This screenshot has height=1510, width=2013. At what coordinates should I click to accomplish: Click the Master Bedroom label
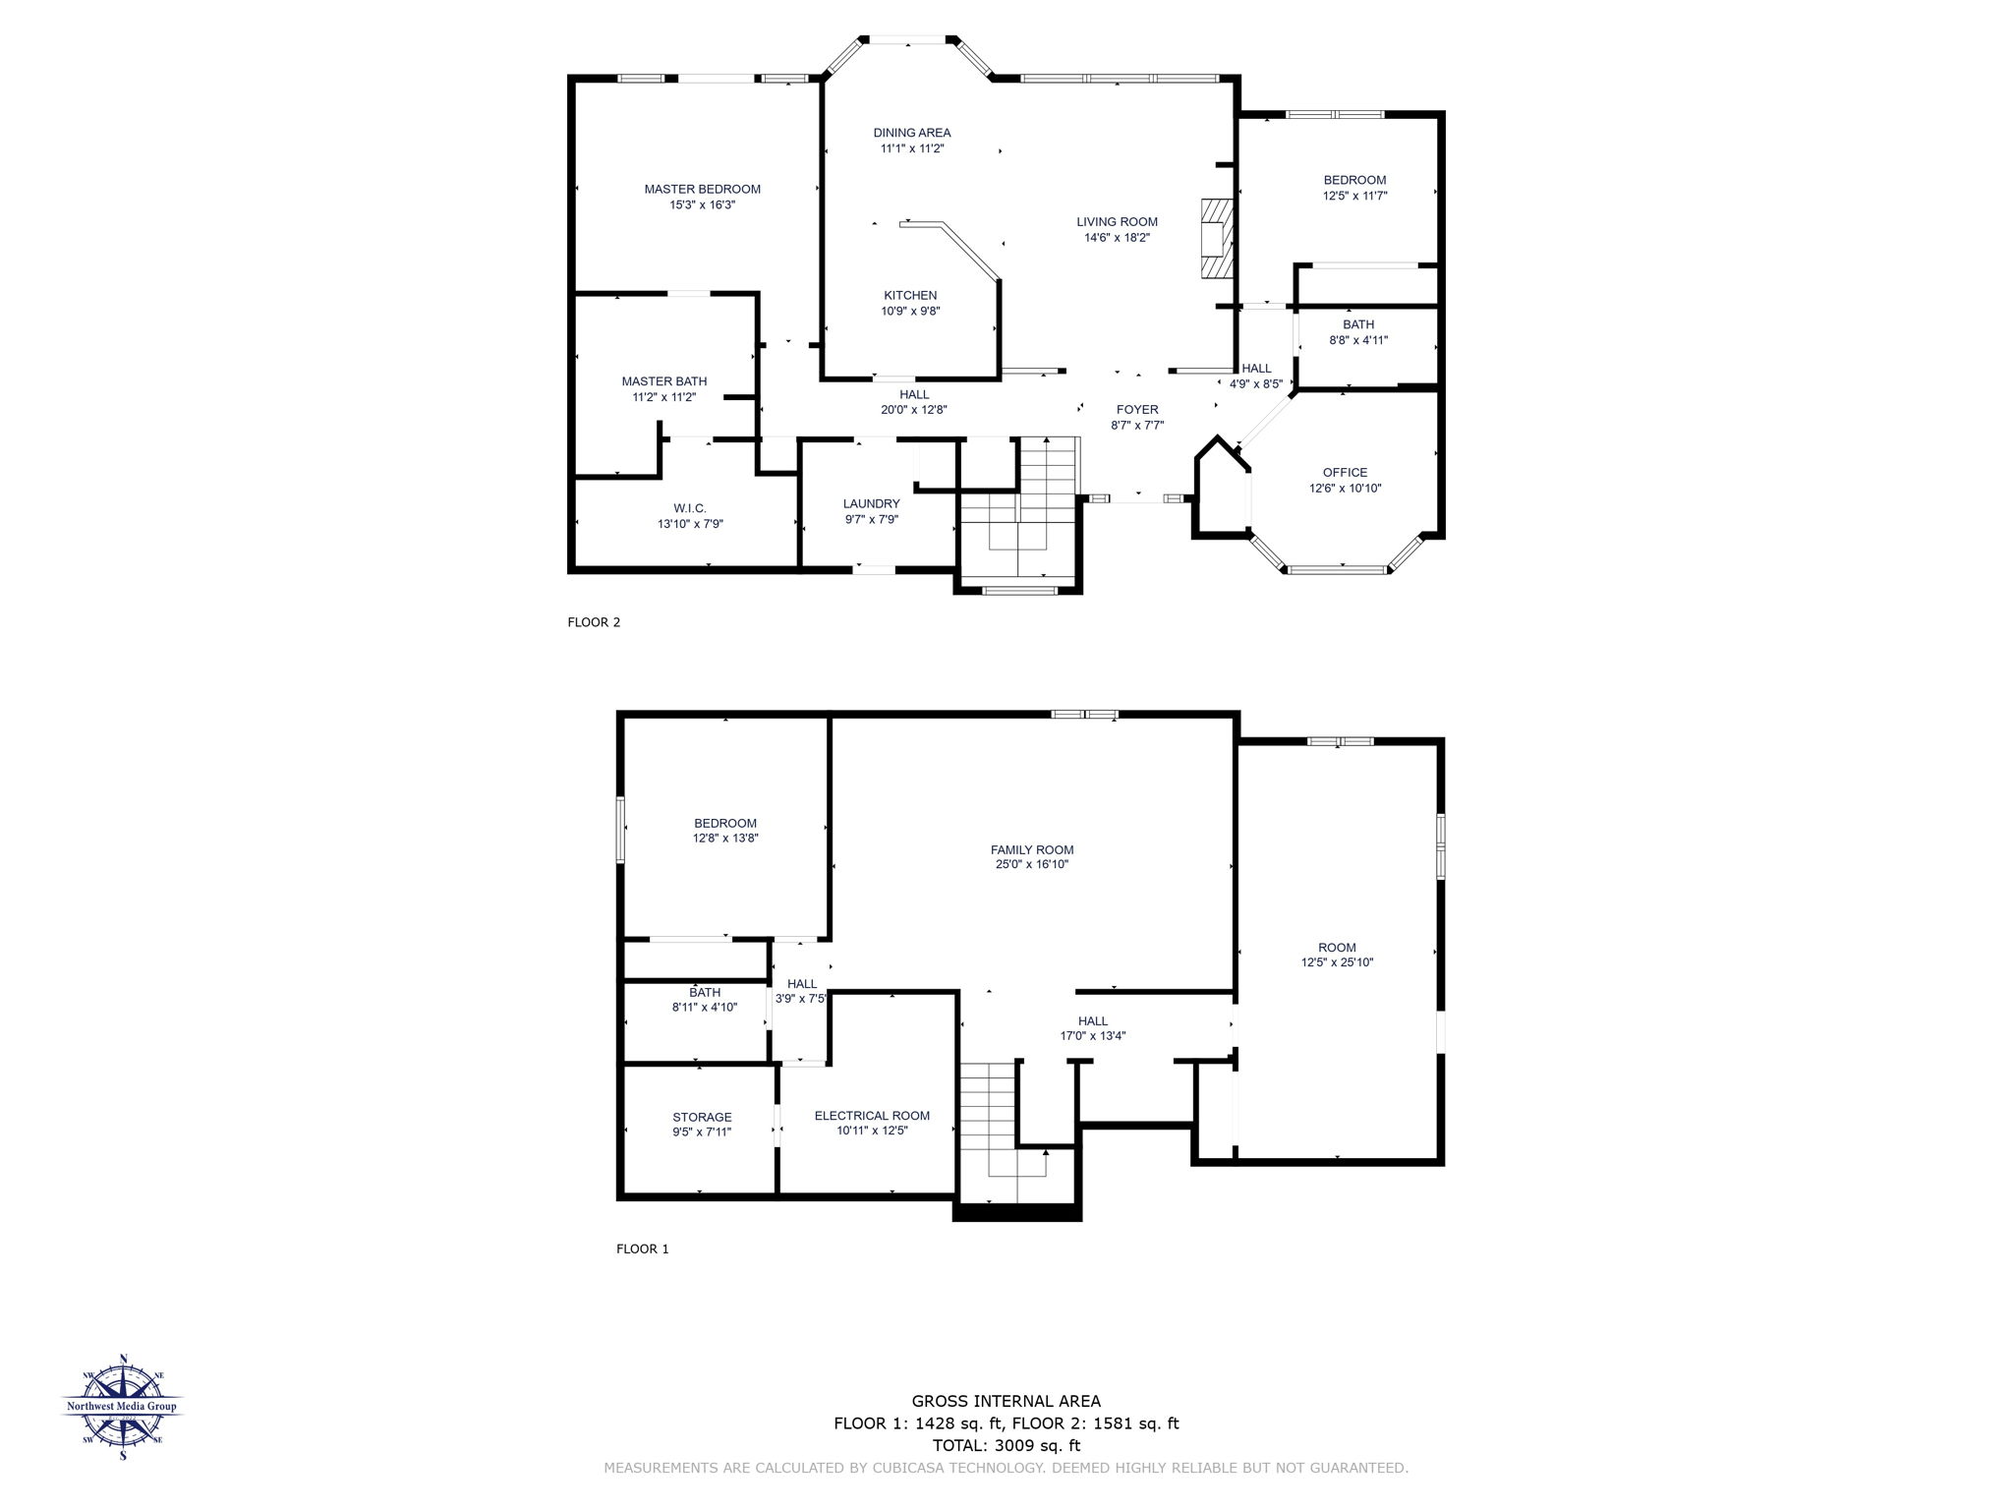click(x=702, y=190)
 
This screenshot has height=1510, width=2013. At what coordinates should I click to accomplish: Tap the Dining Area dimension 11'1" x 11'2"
click(x=912, y=149)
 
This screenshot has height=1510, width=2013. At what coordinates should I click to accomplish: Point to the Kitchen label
click(x=910, y=296)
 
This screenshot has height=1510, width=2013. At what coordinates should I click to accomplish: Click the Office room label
click(x=1345, y=473)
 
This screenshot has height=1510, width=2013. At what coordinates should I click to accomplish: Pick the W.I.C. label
click(x=690, y=509)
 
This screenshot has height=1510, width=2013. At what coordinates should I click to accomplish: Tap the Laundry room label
click(x=871, y=504)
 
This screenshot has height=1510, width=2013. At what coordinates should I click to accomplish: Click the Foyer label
click(x=1137, y=410)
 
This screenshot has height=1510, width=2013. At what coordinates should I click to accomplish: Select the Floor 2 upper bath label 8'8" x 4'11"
click(x=1358, y=332)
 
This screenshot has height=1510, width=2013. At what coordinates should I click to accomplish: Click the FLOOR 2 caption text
click(x=594, y=622)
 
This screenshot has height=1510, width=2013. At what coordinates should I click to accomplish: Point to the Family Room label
click(x=1032, y=850)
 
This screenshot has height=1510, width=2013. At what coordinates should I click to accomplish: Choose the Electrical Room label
click(x=872, y=1116)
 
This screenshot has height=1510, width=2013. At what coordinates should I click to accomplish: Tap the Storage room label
click(x=702, y=1118)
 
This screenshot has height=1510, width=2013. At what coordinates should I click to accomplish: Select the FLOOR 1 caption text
click(x=642, y=1249)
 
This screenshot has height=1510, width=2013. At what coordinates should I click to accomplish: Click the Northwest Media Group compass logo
click(x=123, y=1406)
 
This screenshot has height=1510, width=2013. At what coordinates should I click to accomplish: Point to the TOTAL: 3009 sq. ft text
click(x=1006, y=1446)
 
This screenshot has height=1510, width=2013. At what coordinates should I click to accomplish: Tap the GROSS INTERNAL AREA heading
click(x=1006, y=1402)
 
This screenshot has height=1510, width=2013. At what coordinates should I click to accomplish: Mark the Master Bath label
click(x=663, y=381)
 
